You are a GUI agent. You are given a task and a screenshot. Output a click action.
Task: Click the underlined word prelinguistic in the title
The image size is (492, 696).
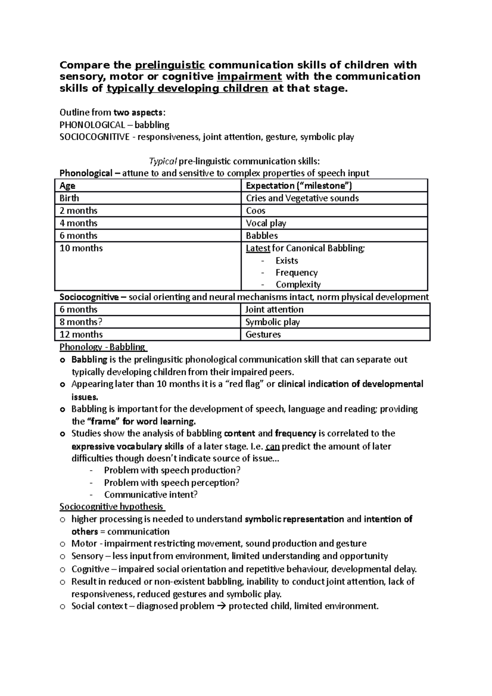tap(170, 65)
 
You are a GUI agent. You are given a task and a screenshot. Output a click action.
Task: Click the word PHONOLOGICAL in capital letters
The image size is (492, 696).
tap(92, 125)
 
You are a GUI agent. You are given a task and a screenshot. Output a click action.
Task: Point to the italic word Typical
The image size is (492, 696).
tap(163, 161)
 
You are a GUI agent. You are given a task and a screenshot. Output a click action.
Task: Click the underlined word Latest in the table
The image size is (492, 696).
tap(258, 248)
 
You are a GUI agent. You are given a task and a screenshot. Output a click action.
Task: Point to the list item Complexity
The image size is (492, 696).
tap(298, 284)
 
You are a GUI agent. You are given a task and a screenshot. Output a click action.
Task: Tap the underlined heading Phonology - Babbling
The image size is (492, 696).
tap(102, 347)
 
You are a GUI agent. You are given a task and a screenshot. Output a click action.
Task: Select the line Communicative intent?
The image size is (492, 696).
tap(151, 495)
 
